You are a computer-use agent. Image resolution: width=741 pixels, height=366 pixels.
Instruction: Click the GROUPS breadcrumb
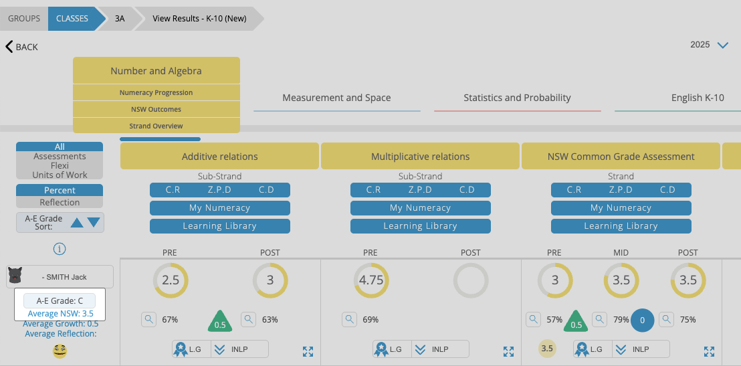click(x=24, y=19)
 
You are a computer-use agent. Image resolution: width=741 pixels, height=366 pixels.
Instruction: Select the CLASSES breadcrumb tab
click(x=72, y=19)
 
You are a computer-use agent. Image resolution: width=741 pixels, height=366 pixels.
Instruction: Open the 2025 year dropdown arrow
click(x=722, y=45)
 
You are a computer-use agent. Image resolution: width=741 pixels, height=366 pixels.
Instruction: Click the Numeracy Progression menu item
click(x=156, y=92)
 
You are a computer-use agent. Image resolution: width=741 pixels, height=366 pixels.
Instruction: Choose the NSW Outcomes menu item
click(x=156, y=109)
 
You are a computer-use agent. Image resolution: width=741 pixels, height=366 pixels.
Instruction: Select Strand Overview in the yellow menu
click(x=156, y=126)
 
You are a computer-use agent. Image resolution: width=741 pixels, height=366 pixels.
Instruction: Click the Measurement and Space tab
click(x=336, y=98)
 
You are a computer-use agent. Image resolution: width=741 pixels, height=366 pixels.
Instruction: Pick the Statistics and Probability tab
click(x=517, y=98)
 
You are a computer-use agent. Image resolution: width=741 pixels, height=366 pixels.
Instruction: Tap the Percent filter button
click(x=60, y=190)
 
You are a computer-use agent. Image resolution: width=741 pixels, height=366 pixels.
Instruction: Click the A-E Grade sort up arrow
click(x=77, y=222)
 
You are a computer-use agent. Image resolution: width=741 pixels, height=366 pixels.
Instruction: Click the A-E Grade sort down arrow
click(x=94, y=222)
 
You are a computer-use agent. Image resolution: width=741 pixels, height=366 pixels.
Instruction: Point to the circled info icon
click(x=60, y=249)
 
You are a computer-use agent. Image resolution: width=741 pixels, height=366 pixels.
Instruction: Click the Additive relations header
click(x=219, y=157)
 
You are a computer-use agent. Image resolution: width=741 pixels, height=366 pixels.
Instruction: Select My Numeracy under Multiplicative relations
click(x=420, y=208)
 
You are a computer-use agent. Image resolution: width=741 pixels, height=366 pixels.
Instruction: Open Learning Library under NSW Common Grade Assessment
click(x=621, y=225)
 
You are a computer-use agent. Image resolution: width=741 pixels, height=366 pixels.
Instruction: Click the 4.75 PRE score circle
click(x=371, y=280)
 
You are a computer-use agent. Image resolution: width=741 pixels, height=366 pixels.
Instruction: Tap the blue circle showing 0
click(x=642, y=320)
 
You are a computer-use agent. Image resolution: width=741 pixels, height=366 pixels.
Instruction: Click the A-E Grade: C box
click(x=60, y=301)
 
